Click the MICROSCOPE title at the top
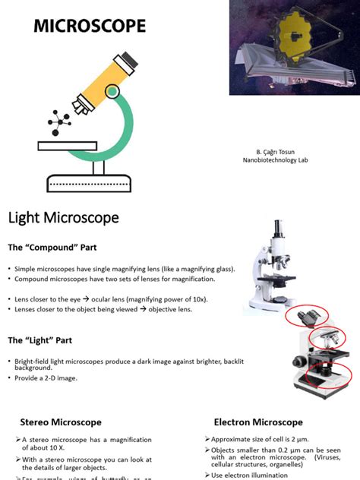pyautogui.click(x=90, y=27)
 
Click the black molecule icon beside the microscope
pyautogui.click(x=59, y=121)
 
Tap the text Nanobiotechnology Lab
pyautogui.click(x=275, y=160)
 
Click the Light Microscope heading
pyautogui.click(x=64, y=219)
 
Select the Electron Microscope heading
pyautogui.click(x=258, y=422)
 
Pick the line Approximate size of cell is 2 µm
pyautogui.click(x=262, y=439)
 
